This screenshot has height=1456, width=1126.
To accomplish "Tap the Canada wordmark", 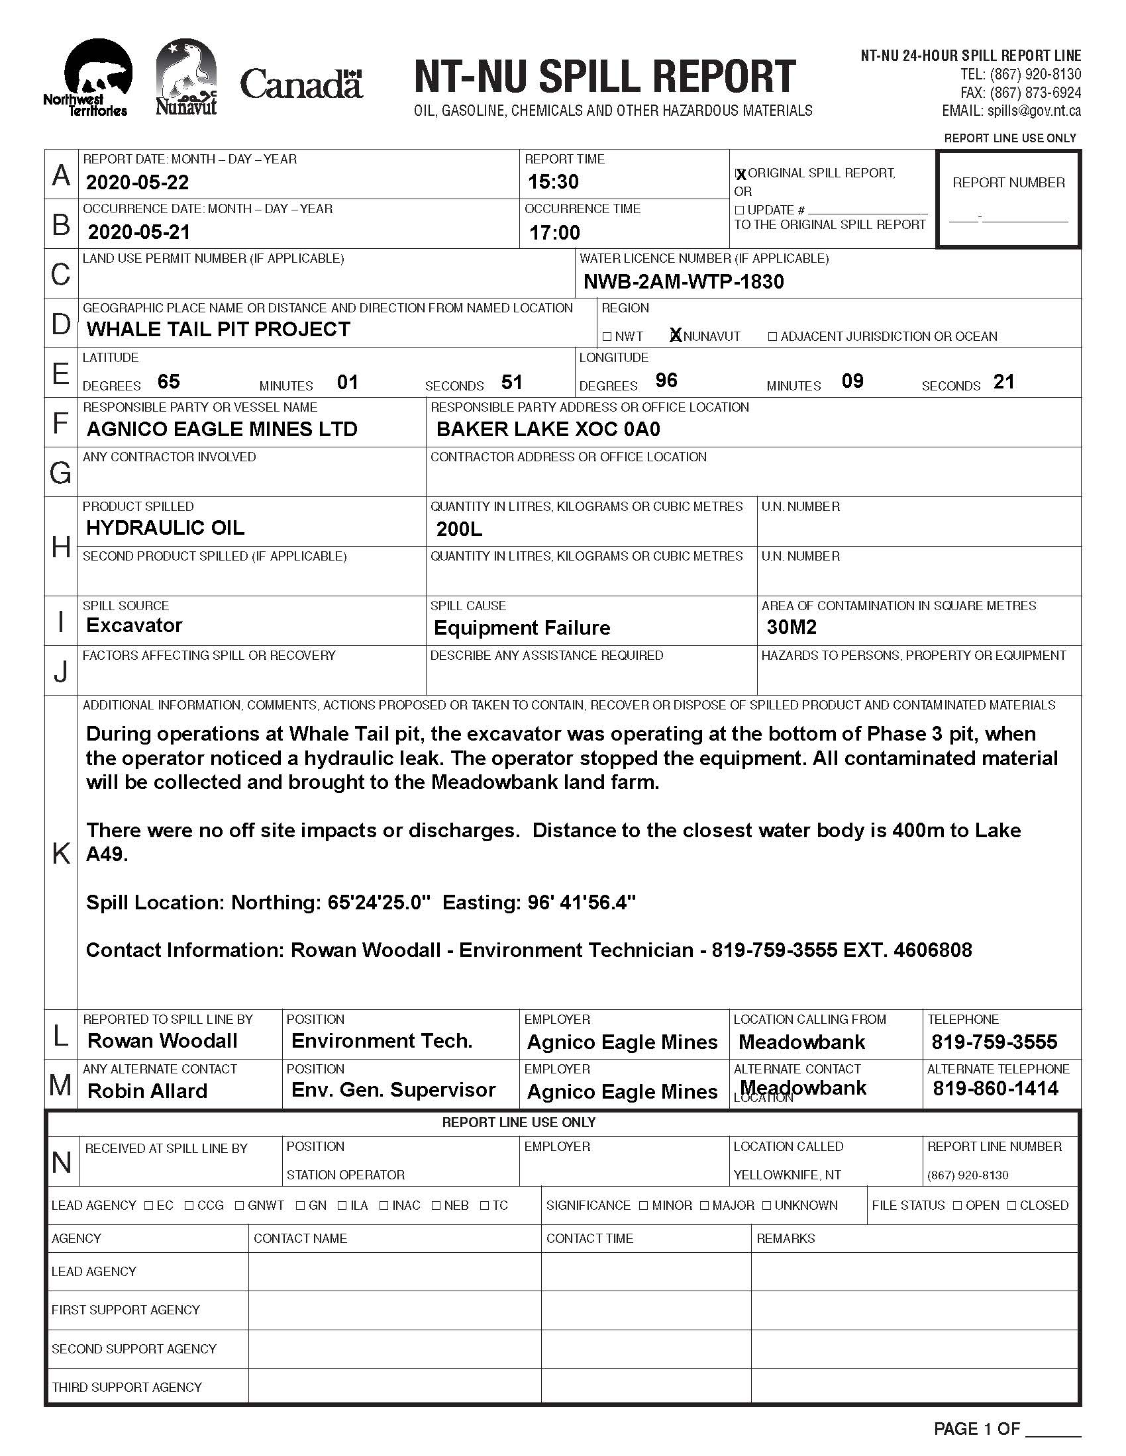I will (301, 84).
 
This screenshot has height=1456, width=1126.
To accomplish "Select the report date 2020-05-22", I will (137, 182).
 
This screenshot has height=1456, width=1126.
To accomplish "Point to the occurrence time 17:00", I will (554, 232).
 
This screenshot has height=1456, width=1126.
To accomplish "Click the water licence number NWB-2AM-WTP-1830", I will (683, 281).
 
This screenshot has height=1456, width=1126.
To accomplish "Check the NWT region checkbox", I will (607, 336).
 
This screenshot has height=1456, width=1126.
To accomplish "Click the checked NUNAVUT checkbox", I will (676, 336).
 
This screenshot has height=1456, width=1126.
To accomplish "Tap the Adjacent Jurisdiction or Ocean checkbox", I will (772, 336).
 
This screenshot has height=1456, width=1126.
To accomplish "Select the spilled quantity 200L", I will (459, 529).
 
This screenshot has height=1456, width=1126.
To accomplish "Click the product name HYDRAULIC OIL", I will (165, 528).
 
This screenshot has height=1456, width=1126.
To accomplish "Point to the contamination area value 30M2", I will (792, 627).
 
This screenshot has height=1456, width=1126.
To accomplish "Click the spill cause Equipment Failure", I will (522, 627).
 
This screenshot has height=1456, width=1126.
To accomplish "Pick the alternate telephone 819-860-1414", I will (996, 1089).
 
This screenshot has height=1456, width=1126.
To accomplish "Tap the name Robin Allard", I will (148, 1091).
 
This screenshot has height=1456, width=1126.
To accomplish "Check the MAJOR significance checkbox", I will (705, 1205).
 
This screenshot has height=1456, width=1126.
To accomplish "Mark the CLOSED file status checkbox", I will (1011, 1205).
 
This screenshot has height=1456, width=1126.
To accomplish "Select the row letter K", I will (61, 852).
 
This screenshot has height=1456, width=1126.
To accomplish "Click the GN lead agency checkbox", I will (300, 1205).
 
